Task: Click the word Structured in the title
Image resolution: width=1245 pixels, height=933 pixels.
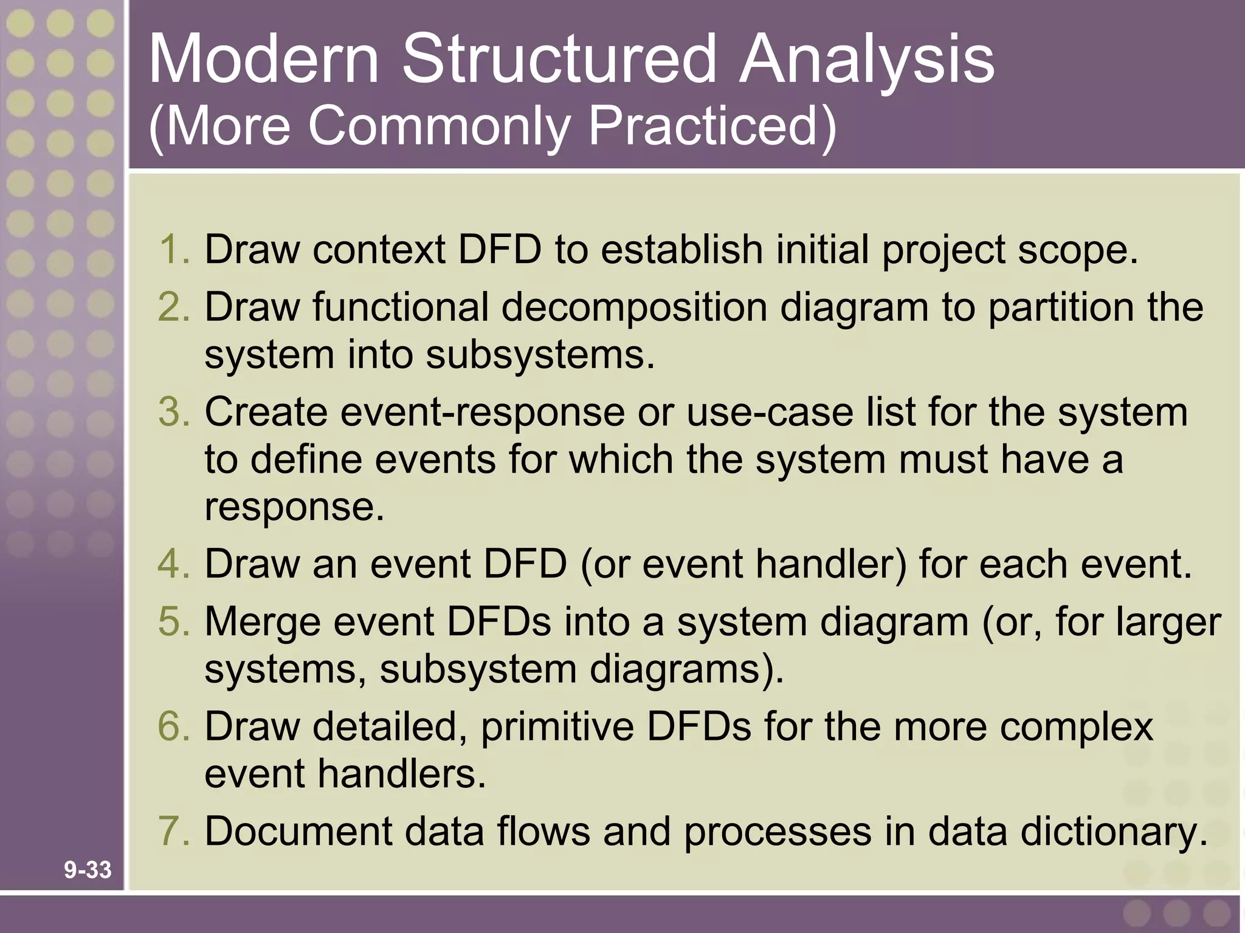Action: coord(559,60)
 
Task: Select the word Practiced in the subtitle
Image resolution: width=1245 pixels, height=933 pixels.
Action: coord(711,126)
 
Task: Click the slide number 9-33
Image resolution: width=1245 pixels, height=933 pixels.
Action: coord(88,870)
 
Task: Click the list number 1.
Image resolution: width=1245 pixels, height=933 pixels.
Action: coord(174,249)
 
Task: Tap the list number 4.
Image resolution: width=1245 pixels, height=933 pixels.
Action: coord(174,564)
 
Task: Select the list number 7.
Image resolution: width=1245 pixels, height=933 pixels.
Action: coord(174,831)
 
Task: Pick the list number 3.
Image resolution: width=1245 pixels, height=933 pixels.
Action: coord(174,412)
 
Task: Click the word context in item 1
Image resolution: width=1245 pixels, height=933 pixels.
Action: coord(379,249)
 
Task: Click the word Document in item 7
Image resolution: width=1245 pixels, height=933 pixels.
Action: coord(298,831)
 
